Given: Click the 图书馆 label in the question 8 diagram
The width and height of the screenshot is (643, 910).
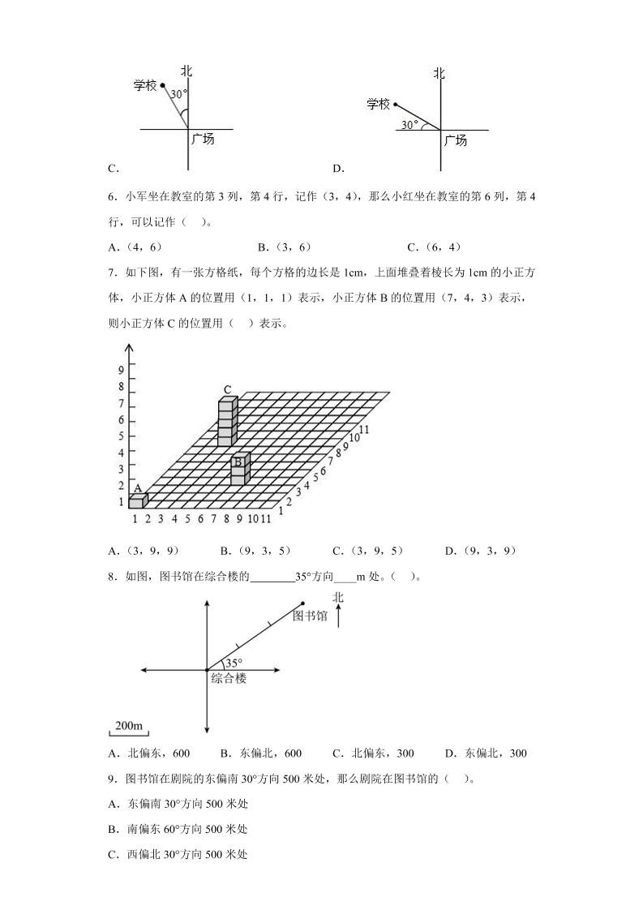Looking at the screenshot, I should click(310, 616).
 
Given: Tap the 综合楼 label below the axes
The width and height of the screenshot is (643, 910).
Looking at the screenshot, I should click(228, 678).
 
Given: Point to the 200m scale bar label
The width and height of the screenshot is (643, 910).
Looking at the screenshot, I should click(128, 724).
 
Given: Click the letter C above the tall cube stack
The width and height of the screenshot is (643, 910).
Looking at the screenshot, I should click(228, 389).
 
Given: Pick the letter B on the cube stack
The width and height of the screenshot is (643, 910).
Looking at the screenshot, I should click(238, 463).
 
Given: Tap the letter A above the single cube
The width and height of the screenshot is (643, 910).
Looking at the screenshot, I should click(138, 488).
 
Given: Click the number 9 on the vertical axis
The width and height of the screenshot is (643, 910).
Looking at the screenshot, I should click(121, 370).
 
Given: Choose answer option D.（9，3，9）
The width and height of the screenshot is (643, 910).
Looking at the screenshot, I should click(480, 551).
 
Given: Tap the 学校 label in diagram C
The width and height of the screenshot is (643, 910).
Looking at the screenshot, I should click(146, 84).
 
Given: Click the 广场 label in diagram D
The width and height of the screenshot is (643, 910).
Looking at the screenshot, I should click(455, 140).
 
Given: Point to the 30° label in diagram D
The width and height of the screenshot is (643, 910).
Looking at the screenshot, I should click(410, 125).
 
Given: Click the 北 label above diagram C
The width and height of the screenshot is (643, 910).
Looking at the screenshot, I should click(186, 71).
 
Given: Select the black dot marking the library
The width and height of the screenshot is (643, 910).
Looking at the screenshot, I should click(302, 603).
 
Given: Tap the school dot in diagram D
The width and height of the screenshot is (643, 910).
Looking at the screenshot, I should click(395, 104).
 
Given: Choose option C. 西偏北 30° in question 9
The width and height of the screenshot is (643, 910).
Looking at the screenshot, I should click(177, 854).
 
